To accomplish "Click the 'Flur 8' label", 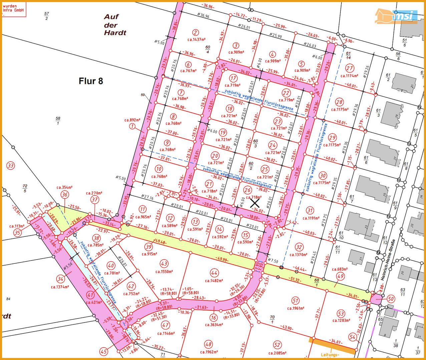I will (x=91, y=81).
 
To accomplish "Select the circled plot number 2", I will (x=196, y=32).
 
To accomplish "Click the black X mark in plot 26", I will (x=255, y=203).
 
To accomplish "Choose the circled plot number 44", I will (x=214, y=273).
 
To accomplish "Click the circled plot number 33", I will (x=11, y=166).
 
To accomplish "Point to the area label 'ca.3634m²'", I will (x=214, y=325).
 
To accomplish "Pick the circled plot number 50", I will (x=391, y=299).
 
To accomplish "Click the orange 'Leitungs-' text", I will (x=330, y=355).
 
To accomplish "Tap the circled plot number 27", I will (x=350, y=69).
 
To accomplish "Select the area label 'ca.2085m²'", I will (x=277, y=353).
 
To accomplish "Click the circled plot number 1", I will (x=133, y=126).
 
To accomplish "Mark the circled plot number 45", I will (x=104, y=351).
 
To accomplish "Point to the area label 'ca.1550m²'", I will (x=164, y=271).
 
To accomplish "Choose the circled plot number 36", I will (x=65, y=195).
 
